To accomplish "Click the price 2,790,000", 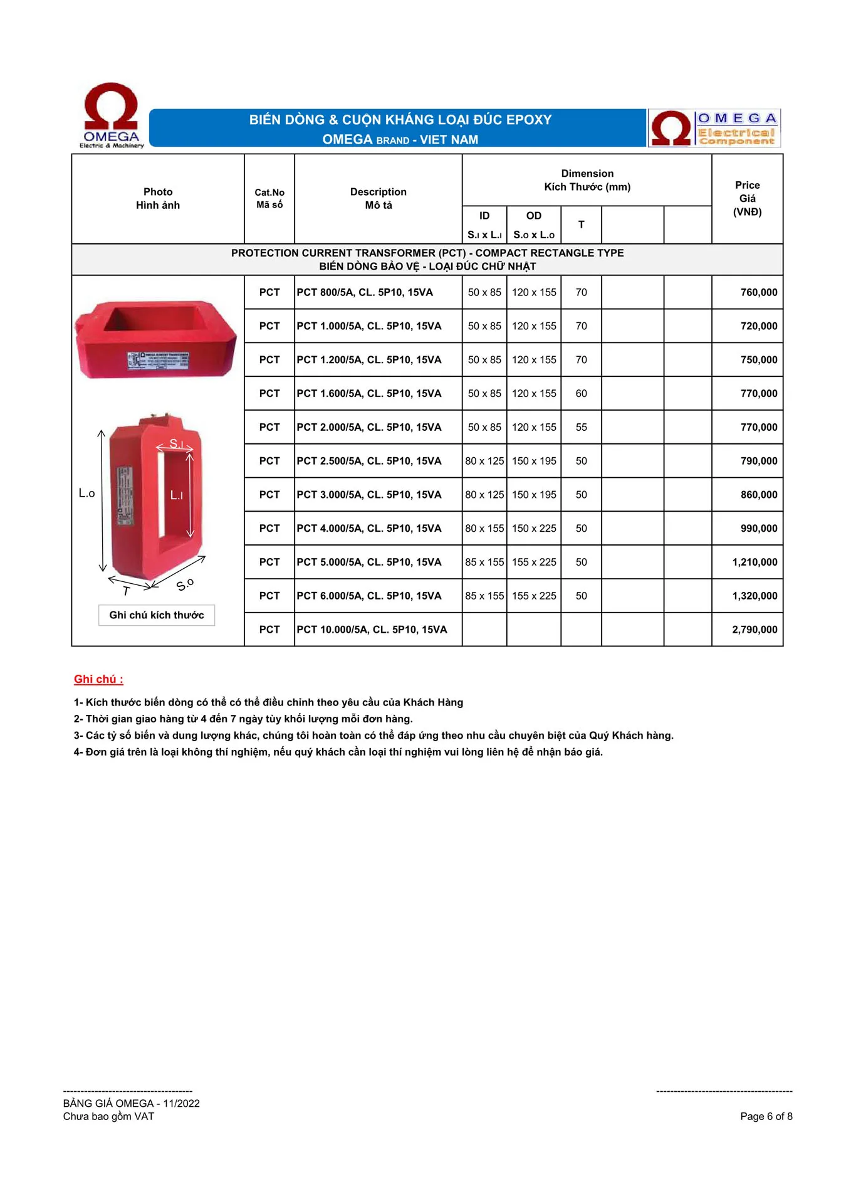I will [x=754, y=630].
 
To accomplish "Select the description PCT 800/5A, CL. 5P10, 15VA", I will [x=365, y=292].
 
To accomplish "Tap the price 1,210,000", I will [x=754, y=562].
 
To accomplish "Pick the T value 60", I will [x=581, y=393].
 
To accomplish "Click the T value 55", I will [x=581, y=427].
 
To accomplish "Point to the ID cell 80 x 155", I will [x=484, y=528].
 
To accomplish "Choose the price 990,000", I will [x=758, y=528].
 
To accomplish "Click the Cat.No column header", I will [x=269, y=198].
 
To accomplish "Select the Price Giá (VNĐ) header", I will [x=747, y=198].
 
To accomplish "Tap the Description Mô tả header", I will [x=378, y=198].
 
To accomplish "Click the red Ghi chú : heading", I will [x=98, y=679].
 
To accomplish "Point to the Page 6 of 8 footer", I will [x=766, y=1116].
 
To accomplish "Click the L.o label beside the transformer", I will [x=86, y=494].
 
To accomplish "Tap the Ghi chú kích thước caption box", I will [x=157, y=615].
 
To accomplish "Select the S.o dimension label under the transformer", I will [x=185, y=584].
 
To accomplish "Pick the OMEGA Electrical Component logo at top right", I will [x=714, y=129].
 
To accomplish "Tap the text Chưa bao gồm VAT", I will [x=108, y=1116].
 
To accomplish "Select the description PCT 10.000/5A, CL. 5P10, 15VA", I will [x=372, y=630].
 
